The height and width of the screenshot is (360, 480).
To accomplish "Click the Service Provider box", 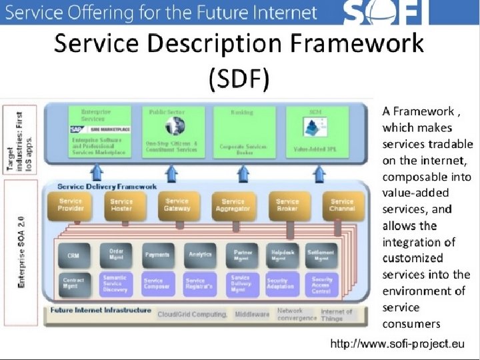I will (x=71, y=205).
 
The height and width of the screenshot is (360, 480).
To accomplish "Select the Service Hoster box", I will (x=121, y=205).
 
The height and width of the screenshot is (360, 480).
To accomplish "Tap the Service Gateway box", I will (x=177, y=205).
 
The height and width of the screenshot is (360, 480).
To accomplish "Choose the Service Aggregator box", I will (x=233, y=205).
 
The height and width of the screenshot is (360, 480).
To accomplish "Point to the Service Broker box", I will (x=287, y=205).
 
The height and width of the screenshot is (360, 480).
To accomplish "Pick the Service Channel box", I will (x=342, y=205).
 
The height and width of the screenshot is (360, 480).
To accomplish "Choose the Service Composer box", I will (x=157, y=283).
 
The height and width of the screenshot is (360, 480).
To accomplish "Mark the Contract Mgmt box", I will (x=74, y=283).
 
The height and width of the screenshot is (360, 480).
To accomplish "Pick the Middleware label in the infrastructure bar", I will (x=251, y=313).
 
